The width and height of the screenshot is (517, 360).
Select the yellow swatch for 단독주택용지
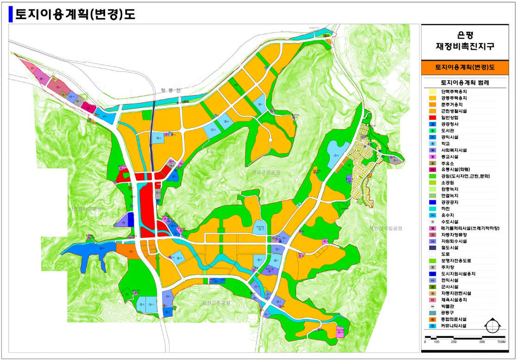tap(432, 92)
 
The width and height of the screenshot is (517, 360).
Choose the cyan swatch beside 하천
tap(432, 209)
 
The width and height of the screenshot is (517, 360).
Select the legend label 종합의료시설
tap(454, 319)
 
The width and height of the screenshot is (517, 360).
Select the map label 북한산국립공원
tap(385, 228)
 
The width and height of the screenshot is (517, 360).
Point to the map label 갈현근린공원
tap(215, 303)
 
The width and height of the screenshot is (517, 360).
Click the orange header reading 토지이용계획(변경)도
tap(465, 67)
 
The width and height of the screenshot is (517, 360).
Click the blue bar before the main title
tap(11, 15)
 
